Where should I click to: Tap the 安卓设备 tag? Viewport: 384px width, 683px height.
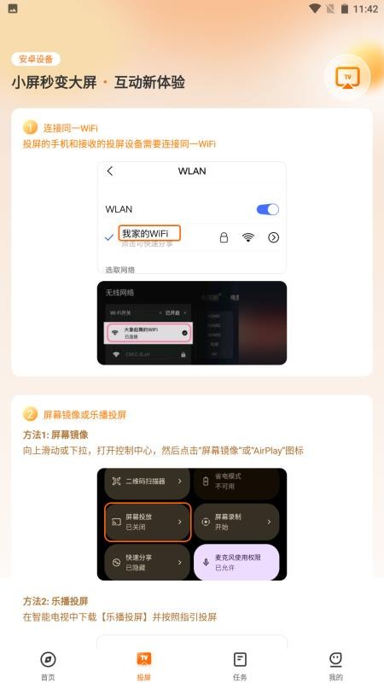36,59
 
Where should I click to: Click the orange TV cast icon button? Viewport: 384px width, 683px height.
346,77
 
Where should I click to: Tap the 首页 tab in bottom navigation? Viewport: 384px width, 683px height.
48,665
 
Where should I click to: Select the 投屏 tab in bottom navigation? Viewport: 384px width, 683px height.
144,665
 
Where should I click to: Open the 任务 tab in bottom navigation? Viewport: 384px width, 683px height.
240,665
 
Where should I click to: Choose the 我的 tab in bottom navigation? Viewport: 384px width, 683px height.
335,665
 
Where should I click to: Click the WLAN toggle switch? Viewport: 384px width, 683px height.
267,209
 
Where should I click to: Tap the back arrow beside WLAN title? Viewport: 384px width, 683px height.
110,171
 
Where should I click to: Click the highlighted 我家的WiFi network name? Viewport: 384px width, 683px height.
149,234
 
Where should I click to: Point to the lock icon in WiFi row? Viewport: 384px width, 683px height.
224,237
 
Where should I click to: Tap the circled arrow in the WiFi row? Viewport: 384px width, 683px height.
273,237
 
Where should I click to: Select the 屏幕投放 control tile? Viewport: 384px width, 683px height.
146,522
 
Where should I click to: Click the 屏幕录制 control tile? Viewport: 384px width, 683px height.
236,522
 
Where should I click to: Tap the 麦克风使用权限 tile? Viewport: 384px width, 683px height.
236,562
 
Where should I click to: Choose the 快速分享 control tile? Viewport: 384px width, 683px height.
146,562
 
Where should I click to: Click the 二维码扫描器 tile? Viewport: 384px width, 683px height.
146,482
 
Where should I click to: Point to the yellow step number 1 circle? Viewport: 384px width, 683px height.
31,127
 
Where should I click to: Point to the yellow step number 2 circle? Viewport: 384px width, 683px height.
31,415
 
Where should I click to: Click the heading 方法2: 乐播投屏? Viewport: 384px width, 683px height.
55,600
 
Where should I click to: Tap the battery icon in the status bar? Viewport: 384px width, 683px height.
345,9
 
